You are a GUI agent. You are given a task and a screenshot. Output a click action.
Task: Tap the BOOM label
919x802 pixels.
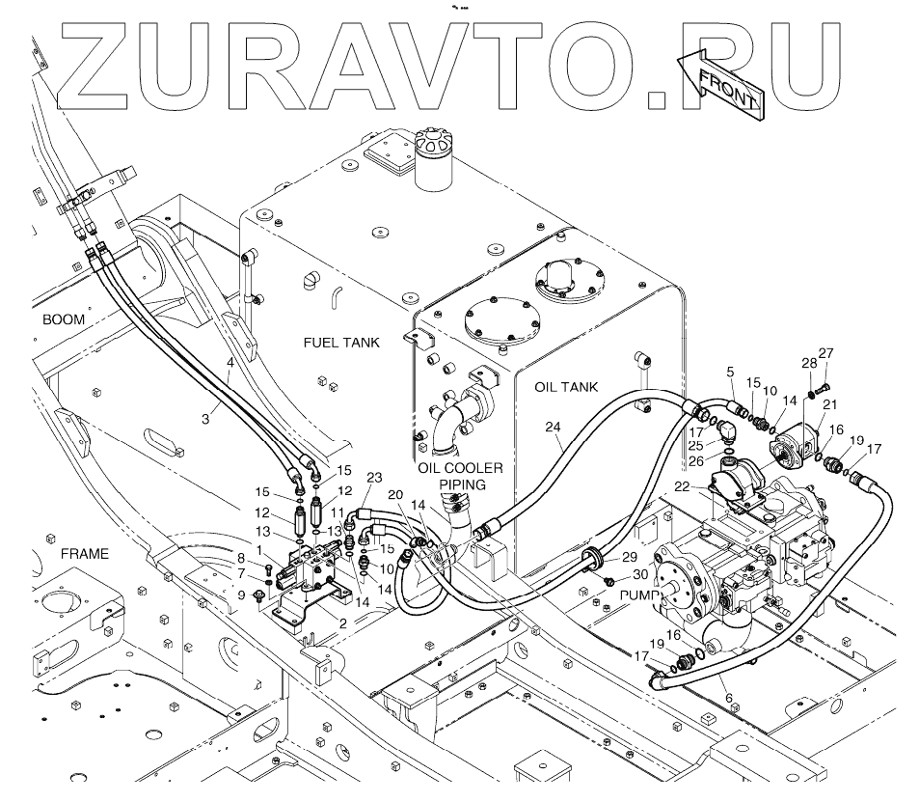coord(64,318)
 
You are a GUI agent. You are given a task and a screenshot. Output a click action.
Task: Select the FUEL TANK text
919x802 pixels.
coord(341,342)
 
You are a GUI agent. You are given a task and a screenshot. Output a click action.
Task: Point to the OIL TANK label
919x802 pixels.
coord(565,387)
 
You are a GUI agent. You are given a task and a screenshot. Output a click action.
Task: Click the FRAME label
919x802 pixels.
coord(84,554)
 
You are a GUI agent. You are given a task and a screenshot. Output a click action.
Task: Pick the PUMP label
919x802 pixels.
coord(637,595)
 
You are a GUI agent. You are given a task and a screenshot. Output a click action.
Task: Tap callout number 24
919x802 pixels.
coord(552,426)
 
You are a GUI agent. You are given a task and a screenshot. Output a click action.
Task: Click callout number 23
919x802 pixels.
coord(374,477)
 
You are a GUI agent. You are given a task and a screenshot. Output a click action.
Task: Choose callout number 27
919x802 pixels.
coord(825,352)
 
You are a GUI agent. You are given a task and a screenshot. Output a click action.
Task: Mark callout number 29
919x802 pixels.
coord(629,557)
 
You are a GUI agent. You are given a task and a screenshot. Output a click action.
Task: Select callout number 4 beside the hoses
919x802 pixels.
coord(230,364)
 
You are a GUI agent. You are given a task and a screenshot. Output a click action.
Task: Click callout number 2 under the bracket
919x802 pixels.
coord(342,622)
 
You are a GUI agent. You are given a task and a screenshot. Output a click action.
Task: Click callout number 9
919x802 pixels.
coord(241,595)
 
